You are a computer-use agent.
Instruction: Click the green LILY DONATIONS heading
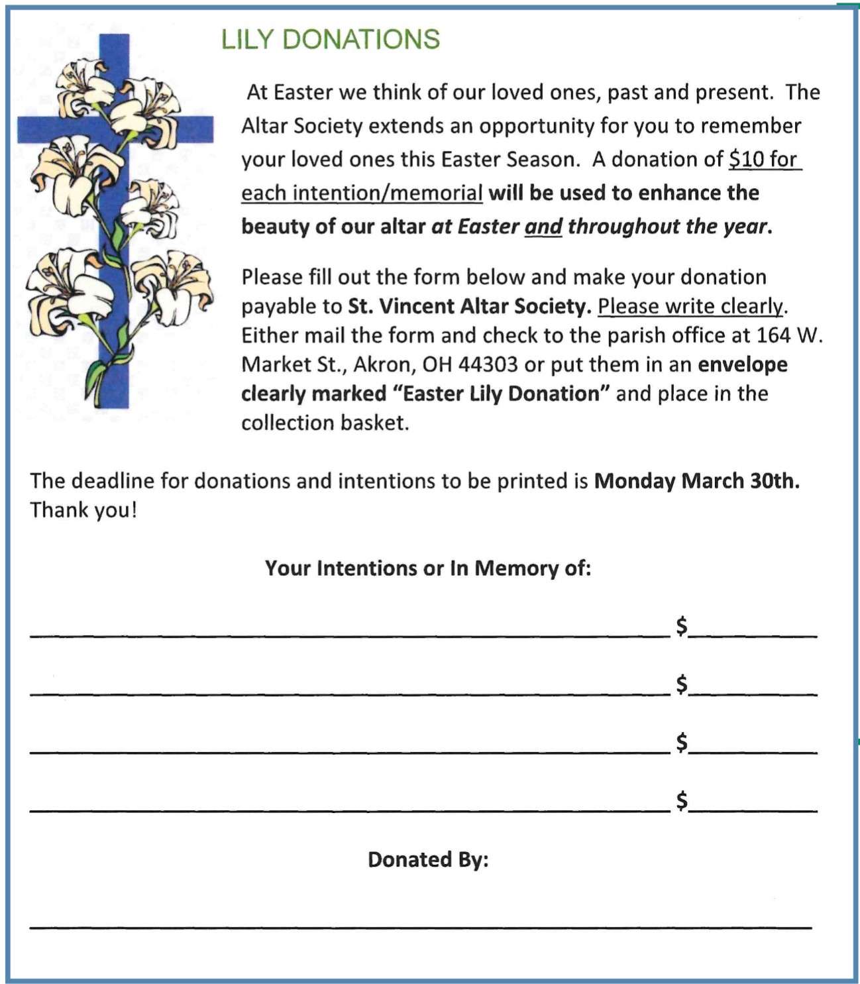coord(330,40)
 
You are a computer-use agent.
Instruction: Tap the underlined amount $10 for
coord(764,160)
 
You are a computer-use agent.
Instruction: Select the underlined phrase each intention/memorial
coord(361,193)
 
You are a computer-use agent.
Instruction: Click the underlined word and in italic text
coord(543,227)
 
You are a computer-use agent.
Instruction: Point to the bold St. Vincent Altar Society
coord(469,307)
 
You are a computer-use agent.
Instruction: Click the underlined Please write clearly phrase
coord(690,307)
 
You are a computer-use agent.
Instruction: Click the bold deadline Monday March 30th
coord(696,481)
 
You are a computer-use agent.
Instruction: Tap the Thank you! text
coord(83,510)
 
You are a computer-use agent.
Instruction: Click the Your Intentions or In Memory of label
coord(427,569)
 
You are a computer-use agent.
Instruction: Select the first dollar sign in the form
coord(682,626)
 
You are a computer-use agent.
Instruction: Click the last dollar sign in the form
coord(682,800)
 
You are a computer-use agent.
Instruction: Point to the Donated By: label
coord(428,860)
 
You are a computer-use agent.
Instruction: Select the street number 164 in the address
coord(773,336)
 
